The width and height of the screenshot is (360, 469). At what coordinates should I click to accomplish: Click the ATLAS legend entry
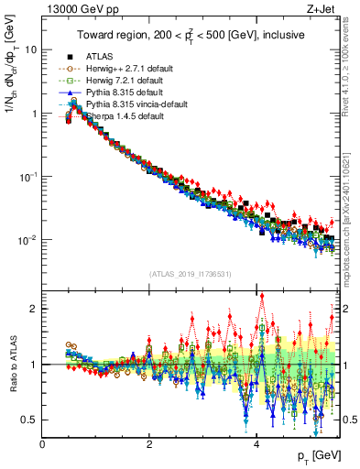pos(100,56)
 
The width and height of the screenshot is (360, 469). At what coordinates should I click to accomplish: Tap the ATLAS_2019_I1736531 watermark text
pos(190,274)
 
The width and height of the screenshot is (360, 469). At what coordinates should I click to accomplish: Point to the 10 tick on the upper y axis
pos(30,49)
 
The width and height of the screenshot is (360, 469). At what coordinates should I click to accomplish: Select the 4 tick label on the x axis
pos(256,443)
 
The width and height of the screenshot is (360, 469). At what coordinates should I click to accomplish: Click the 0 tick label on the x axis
pos(43,443)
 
